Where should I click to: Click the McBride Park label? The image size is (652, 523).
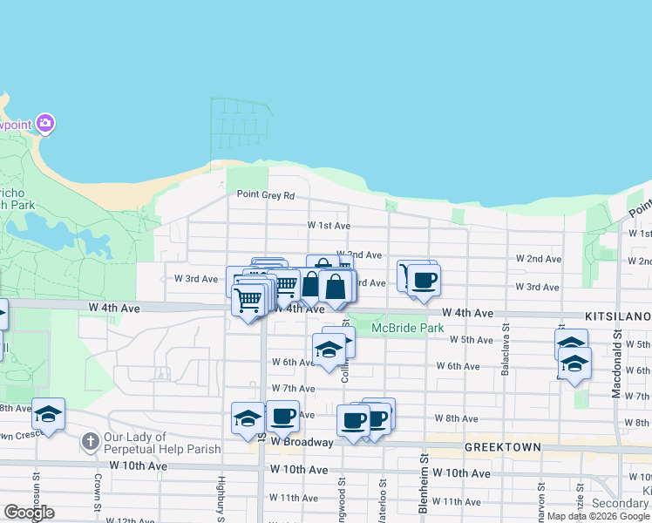[407, 329]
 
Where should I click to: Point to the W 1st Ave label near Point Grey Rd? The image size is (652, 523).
[329, 225]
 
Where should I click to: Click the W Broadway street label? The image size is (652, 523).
[302, 442]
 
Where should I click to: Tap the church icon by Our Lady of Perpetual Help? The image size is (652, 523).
[89, 442]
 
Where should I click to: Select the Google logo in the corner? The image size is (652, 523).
[29, 513]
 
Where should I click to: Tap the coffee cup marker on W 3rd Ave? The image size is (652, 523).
[424, 281]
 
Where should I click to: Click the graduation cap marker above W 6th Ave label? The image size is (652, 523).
[329, 350]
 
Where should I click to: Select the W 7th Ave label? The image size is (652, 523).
[293, 388]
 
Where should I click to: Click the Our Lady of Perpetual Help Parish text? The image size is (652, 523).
[162, 443]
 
